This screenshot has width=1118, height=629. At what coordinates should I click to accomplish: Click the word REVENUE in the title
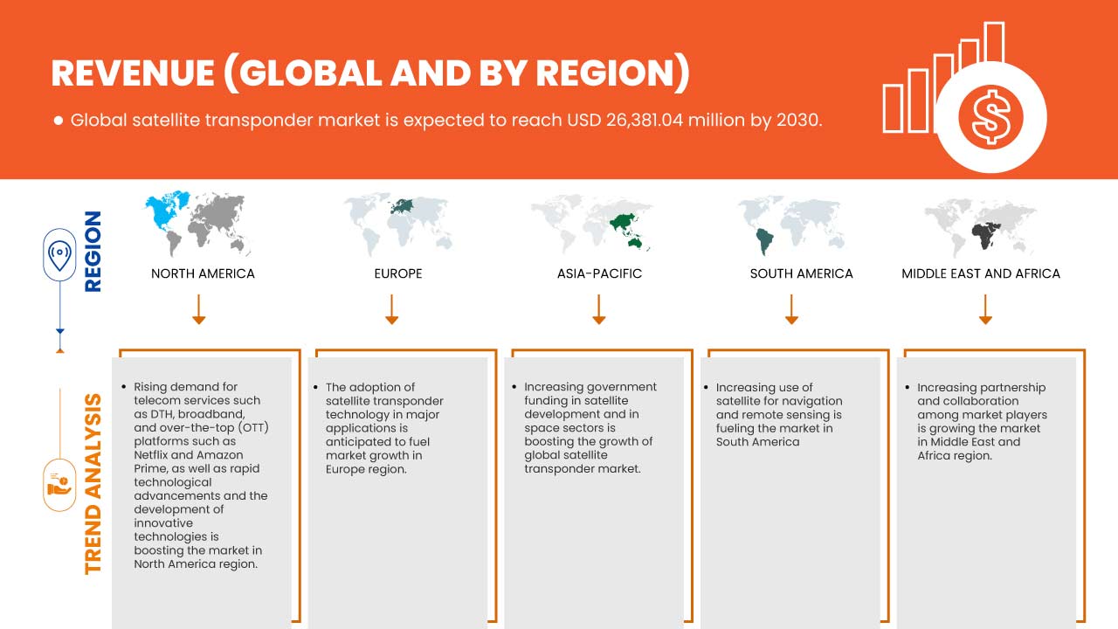(132, 74)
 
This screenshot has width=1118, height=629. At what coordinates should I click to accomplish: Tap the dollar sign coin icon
(990, 116)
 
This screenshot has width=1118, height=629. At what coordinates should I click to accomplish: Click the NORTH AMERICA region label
(203, 273)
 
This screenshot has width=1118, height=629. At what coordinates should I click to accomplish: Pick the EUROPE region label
(397, 273)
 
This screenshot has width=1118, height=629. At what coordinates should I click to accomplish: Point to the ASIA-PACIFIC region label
(599, 273)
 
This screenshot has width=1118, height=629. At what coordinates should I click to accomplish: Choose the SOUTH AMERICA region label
(801, 273)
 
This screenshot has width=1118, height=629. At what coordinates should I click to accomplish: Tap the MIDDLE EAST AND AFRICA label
(981, 273)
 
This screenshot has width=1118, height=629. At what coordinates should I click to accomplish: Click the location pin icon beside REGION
(59, 255)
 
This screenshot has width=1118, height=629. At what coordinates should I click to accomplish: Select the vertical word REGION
(92, 251)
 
